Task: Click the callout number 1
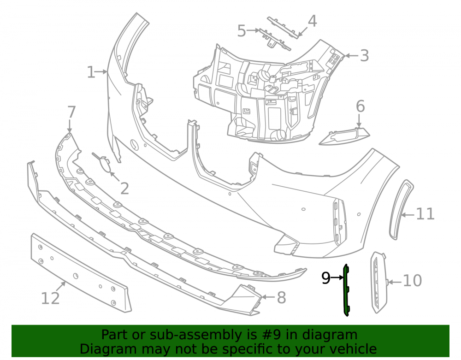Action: click(91, 72)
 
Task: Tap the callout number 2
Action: click(124, 189)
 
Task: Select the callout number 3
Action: click(364, 55)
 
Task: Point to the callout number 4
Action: click(312, 21)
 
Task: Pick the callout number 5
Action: click(242, 31)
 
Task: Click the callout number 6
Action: click(360, 106)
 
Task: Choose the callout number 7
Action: click(71, 112)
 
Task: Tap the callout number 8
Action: click(281, 297)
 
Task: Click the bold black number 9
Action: click(326, 277)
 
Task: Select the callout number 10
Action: click(413, 281)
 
